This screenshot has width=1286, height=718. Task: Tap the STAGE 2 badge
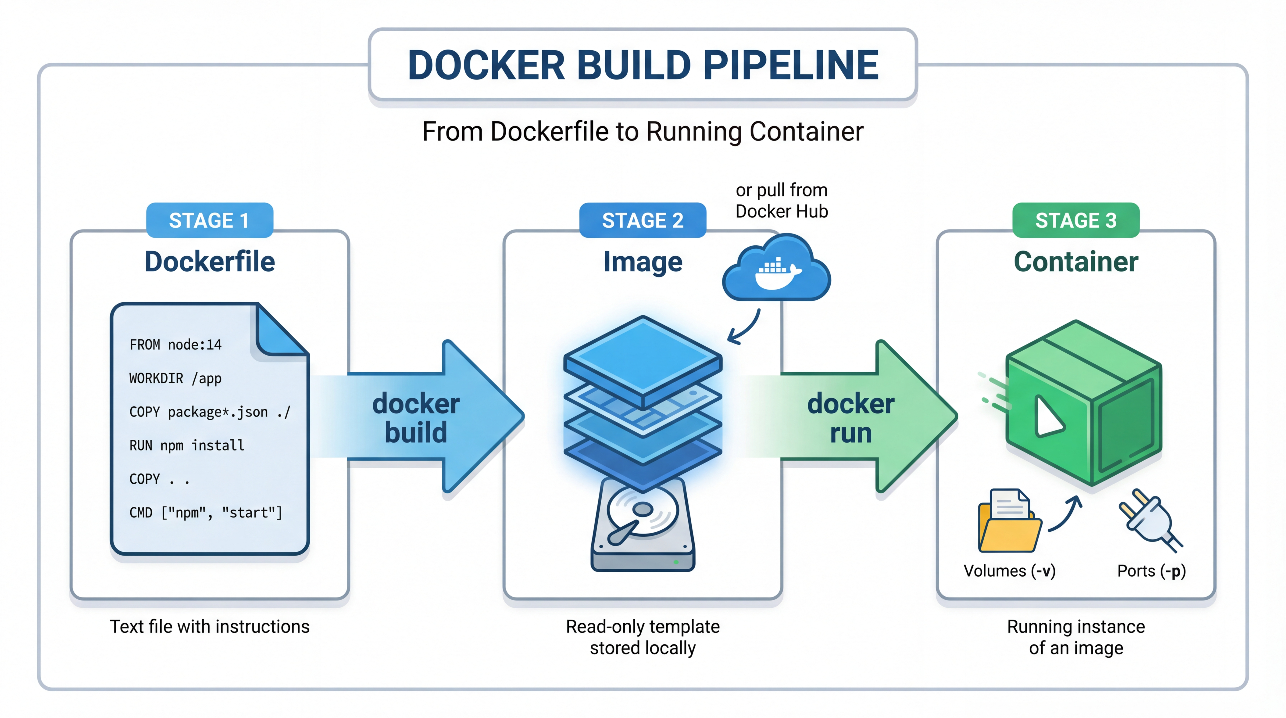pos(643,220)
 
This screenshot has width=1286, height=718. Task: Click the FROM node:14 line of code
pos(175,345)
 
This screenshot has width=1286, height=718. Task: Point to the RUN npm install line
pos(187,445)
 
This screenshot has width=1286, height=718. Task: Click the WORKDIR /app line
pos(175,378)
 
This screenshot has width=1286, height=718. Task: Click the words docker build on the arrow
pos(416,418)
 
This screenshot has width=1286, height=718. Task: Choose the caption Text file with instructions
pos(210,627)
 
